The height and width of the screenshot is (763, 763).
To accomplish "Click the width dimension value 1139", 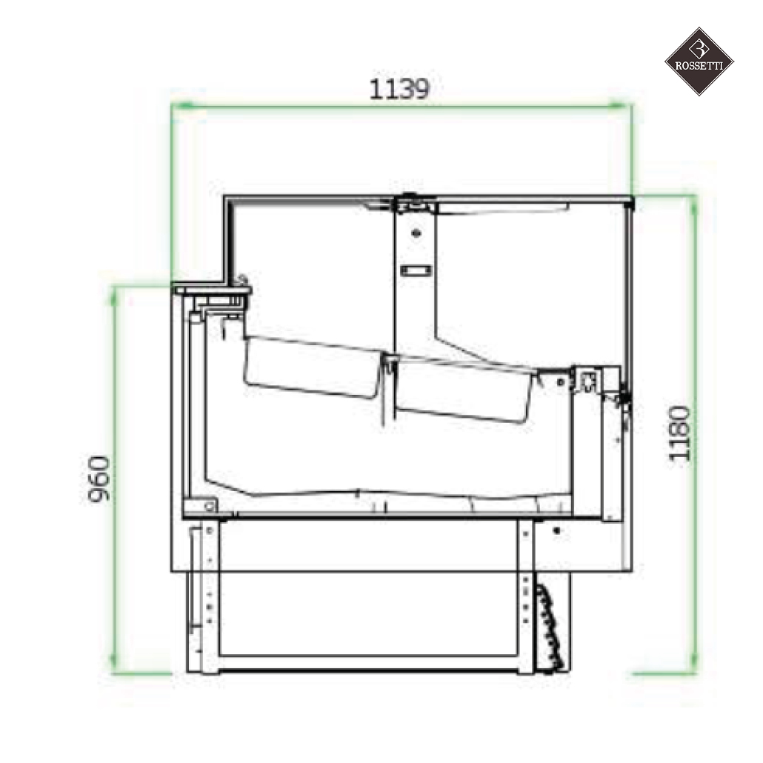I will tap(399, 89).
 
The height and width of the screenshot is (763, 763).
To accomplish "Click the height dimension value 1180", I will tap(679, 433).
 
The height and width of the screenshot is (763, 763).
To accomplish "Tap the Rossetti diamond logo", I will tap(698, 61).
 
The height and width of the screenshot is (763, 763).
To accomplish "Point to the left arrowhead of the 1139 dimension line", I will tap(178, 107).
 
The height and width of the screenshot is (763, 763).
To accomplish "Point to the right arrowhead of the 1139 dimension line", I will tap(624, 107).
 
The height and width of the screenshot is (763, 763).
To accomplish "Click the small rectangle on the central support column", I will tap(415, 270).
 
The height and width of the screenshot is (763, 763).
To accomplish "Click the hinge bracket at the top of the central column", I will tap(415, 201).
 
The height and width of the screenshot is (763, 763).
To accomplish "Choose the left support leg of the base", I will tap(209, 596).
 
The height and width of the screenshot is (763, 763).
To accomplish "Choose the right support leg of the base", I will tap(525, 596).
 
